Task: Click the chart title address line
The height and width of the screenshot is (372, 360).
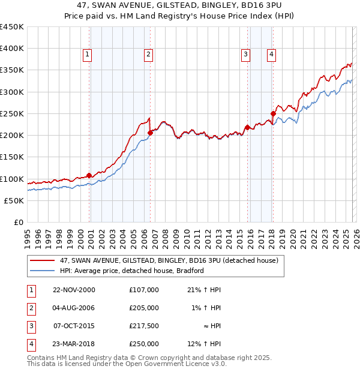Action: pos(180,5)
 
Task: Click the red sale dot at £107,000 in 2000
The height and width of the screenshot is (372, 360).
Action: pos(89,175)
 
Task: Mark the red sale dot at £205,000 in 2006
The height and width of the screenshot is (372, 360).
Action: pos(150,133)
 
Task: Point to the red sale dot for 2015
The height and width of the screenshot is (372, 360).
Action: pos(247,127)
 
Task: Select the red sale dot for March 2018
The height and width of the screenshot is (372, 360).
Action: pos(273,113)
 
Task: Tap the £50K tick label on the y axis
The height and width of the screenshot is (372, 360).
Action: pos(14,200)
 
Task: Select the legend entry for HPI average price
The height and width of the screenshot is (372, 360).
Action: pos(132,271)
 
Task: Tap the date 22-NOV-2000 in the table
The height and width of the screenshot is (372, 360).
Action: pos(74,290)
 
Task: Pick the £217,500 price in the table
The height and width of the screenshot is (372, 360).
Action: pos(144,327)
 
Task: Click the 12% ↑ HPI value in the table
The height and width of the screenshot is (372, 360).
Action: pos(205,344)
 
